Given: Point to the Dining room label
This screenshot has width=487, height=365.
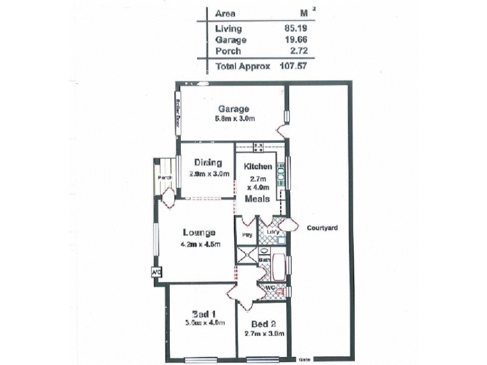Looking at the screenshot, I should pyautogui.click(x=208, y=162).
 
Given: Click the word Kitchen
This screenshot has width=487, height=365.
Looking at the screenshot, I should pyautogui.click(x=258, y=166).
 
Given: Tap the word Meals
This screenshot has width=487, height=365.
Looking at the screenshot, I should pyautogui.click(x=258, y=199).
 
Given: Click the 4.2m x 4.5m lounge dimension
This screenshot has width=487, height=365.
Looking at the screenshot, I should pyautogui.click(x=200, y=245).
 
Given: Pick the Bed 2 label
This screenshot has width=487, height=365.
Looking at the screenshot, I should pyautogui.click(x=264, y=324).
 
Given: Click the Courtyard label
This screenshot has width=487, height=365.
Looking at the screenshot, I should pyautogui.click(x=323, y=228).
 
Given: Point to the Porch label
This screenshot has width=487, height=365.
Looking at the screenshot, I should pyautogui.click(x=164, y=178).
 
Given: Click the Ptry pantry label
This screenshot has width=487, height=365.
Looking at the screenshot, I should pyautogui.click(x=247, y=234).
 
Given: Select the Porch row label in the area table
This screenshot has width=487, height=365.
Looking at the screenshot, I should pyautogui.click(x=228, y=51).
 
